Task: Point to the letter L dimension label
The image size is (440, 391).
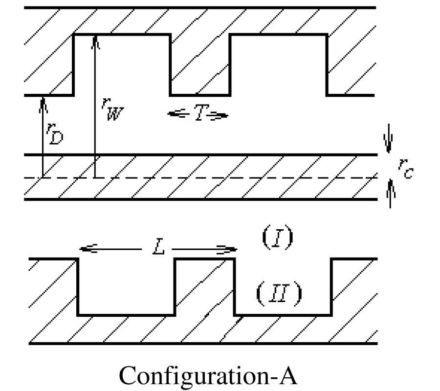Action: pyautogui.click(x=157, y=248)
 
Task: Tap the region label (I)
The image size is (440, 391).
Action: pyautogui.click(x=278, y=238)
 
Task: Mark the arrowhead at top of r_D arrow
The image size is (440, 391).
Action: pyautogui.click(x=43, y=101)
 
